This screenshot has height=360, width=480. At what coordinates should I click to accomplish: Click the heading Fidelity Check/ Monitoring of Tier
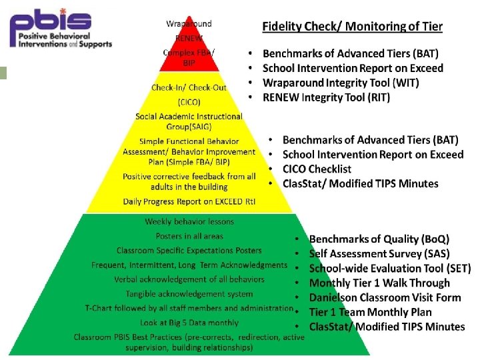[x=352, y=27]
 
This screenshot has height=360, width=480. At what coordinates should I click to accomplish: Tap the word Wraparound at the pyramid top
[x=189, y=24]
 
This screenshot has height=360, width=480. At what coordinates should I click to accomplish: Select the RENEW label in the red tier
[x=189, y=38]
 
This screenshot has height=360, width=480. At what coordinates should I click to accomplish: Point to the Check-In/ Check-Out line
[x=189, y=88]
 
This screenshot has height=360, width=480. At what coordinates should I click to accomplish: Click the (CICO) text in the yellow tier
[x=189, y=102]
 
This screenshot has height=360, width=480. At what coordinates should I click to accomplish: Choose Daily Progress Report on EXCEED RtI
[x=189, y=201]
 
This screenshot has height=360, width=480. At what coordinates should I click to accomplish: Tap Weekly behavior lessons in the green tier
[x=189, y=222]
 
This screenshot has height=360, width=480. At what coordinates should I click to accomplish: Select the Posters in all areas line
[x=189, y=236]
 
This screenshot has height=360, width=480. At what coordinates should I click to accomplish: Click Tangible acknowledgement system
[x=189, y=294]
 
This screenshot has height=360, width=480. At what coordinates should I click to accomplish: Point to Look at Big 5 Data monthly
[x=189, y=322]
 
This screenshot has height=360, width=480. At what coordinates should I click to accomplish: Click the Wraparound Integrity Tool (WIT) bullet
[x=340, y=83]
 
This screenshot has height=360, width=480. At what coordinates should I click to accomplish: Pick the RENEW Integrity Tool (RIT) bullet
[x=327, y=97]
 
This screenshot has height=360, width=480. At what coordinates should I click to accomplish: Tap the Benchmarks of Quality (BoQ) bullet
[x=379, y=239]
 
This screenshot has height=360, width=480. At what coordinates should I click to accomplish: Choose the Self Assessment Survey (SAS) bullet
[x=379, y=253]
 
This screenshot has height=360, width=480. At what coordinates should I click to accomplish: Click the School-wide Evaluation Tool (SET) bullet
[x=390, y=268]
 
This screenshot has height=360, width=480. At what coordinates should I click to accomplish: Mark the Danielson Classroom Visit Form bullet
[x=385, y=297]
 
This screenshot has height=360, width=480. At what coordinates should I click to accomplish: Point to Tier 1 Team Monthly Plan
[x=370, y=312]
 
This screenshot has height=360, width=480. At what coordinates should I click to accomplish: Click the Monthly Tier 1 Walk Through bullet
[x=379, y=283]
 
